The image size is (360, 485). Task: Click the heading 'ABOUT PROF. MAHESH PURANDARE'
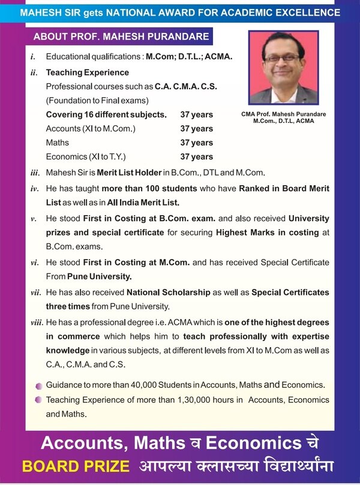point(121,37)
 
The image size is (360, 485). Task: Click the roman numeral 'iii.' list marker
point(35,173)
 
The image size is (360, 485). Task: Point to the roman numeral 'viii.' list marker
point(36,323)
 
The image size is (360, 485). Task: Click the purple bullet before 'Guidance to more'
point(38,385)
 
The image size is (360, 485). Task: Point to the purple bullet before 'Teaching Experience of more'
point(38,400)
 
